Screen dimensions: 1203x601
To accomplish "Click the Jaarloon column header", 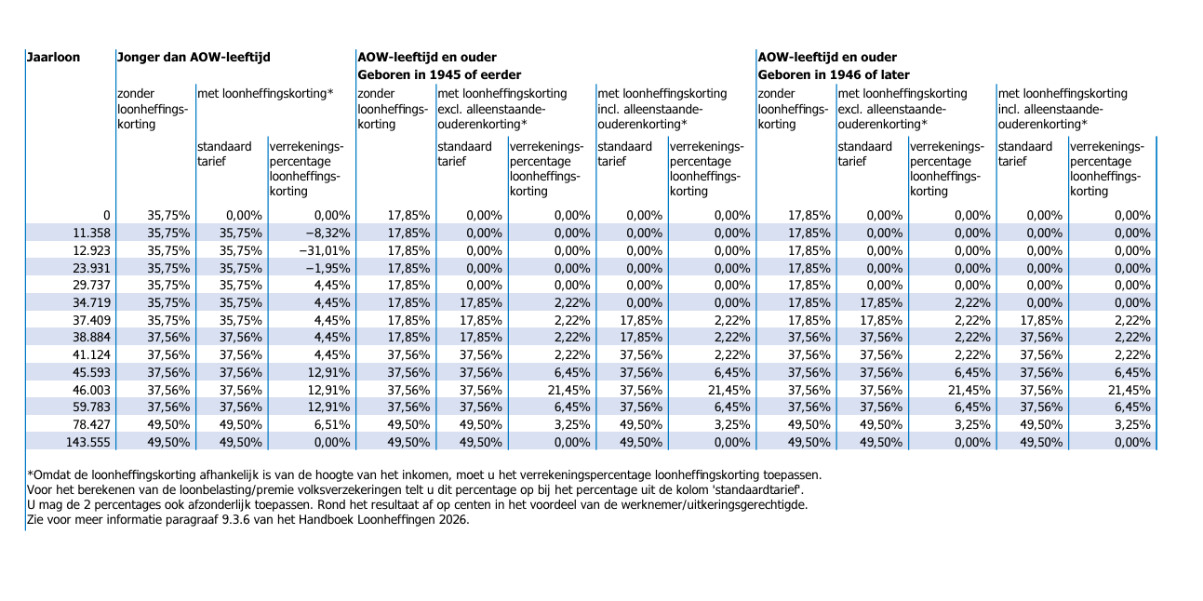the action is click(53, 57).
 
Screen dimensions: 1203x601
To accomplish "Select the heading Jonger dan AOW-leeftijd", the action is click(194, 57).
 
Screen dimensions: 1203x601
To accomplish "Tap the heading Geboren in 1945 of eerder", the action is click(439, 74).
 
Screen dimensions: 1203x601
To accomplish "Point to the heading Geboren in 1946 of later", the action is click(834, 74).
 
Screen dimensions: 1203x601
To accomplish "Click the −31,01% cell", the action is click(325, 251).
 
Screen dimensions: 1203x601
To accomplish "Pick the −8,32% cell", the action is click(327, 234).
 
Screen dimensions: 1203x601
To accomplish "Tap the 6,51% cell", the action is click(332, 425).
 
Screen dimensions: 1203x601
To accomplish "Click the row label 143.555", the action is click(88, 443).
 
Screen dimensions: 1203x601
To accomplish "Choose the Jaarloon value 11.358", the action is click(92, 234).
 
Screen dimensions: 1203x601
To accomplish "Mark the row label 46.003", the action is click(92, 390).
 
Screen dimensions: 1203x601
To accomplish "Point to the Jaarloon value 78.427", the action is click(92, 425).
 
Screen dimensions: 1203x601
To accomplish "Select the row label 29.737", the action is click(92, 286).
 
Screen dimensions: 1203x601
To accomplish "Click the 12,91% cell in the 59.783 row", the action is click(328, 407).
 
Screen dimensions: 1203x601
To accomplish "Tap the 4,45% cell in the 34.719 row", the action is click(332, 303).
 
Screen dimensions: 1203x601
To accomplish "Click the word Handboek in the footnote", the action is click(327, 520).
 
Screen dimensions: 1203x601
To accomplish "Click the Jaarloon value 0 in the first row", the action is click(107, 216).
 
